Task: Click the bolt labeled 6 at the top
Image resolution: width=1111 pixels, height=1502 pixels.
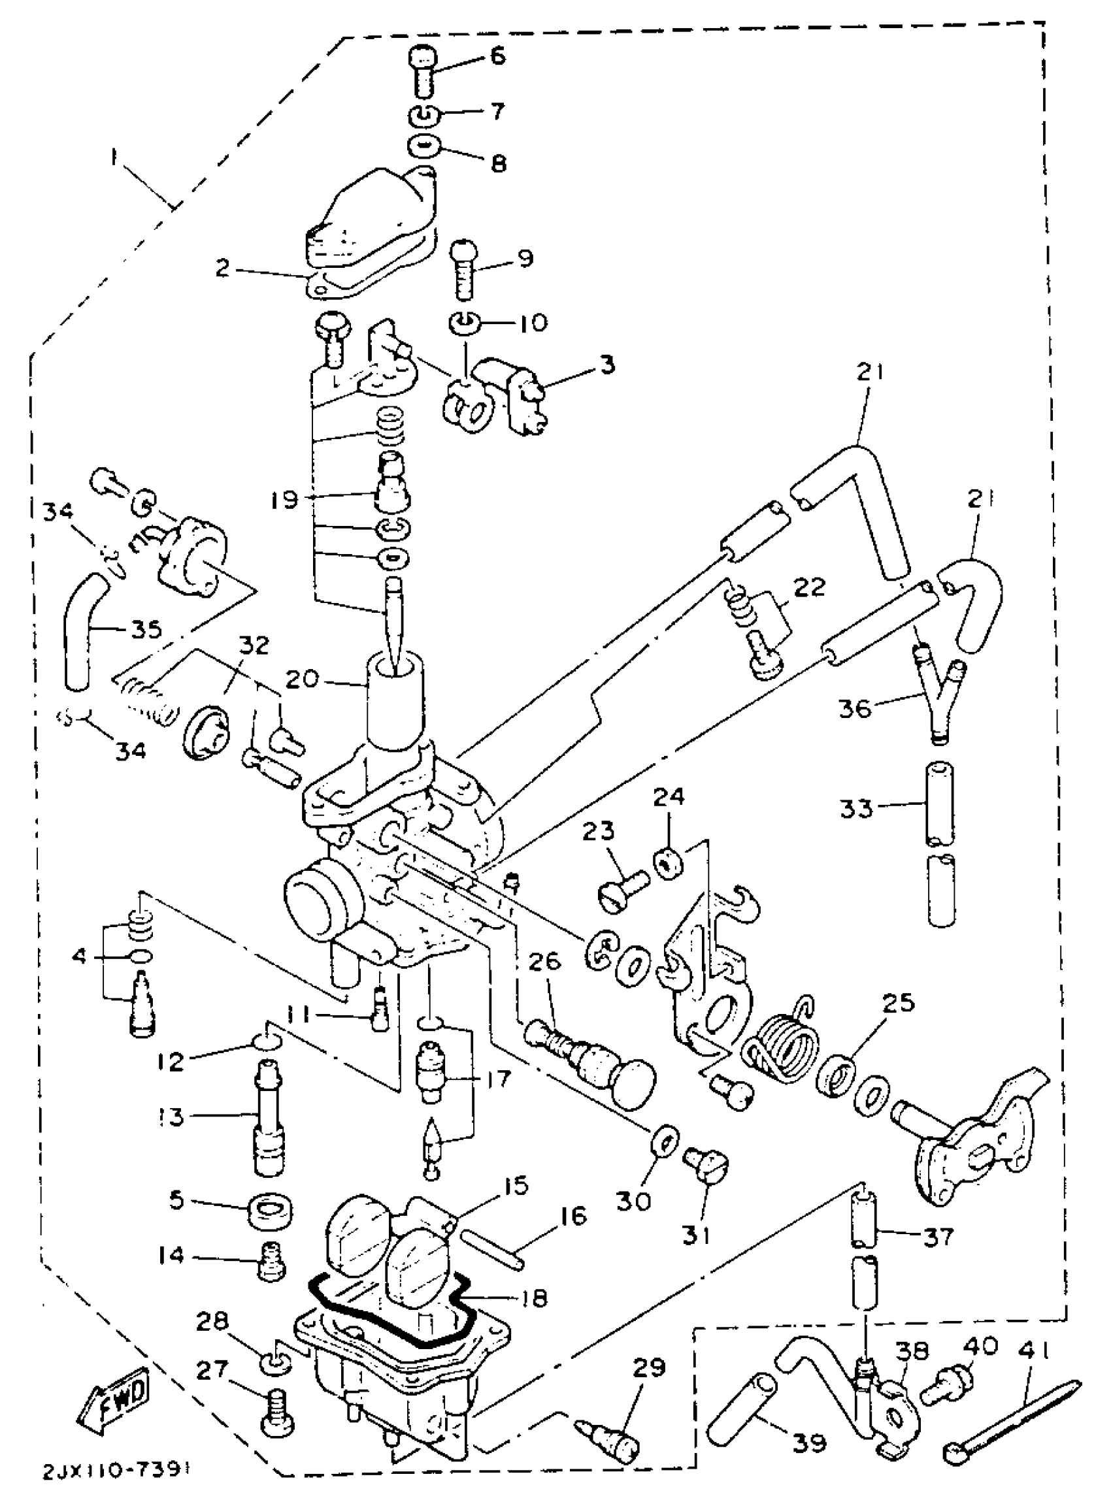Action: [x=422, y=71]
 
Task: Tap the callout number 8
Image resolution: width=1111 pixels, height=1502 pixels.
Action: [x=499, y=164]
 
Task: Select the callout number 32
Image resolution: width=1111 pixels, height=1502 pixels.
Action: [x=253, y=646]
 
